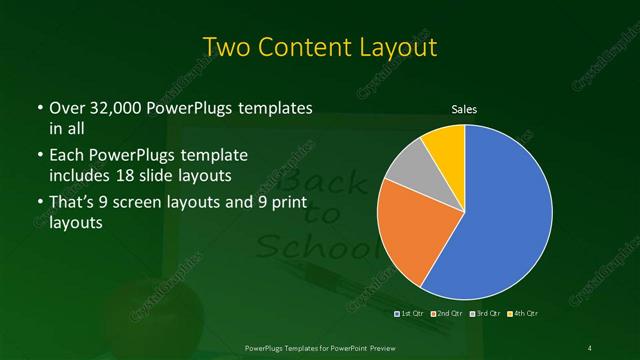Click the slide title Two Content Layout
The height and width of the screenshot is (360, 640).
(x=320, y=46)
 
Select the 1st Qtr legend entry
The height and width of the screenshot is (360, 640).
(x=412, y=314)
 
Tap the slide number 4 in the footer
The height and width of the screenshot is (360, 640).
(x=591, y=346)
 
